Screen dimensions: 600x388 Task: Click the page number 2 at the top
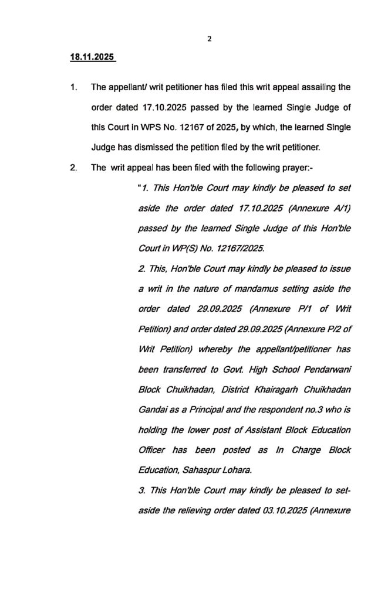coord(209,39)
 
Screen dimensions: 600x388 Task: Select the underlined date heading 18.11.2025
coord(92,59)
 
